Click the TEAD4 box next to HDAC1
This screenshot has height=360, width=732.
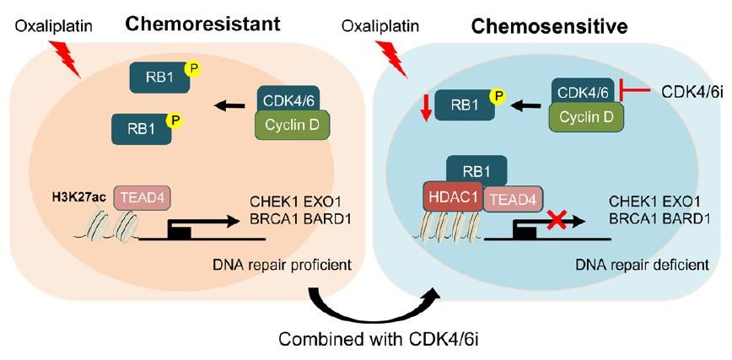tap(512, 201)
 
